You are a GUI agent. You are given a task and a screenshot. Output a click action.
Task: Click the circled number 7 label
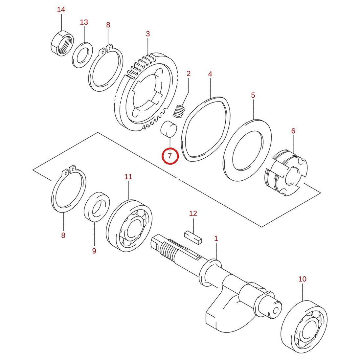click(x=170, y=156)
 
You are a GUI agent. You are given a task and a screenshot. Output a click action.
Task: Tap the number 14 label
click(x=61, y=10)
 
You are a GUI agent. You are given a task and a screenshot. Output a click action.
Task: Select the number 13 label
click(x=84, y=22)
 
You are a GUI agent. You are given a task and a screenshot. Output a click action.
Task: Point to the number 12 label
click(x=193, y=214)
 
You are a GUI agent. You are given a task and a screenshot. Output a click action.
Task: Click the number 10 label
click(x=303, y=279)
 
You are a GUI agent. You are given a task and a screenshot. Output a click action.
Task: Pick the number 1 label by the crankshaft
click(x=216, y=238)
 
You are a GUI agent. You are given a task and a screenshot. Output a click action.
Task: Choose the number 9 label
click(x=94, y=251)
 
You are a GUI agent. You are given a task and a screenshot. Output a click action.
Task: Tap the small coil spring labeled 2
click(x=179, y=111)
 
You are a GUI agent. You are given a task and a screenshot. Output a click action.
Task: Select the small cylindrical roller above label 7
click(x=168, y=129)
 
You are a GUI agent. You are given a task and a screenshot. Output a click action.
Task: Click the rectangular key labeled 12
click(x=193, y=237)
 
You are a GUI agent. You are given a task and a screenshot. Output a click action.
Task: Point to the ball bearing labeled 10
click(x=304, y=327)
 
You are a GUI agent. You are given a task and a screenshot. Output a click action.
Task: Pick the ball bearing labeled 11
click(x=129, y=226)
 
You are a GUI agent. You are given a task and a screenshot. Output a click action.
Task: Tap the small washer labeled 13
click(x=83, y=55)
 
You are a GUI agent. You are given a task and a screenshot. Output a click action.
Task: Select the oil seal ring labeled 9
click(x=97, y=207)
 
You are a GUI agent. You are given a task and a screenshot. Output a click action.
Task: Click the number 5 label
click(x=253, y=95)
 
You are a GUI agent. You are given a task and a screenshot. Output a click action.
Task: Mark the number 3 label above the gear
click(x=148, y=34)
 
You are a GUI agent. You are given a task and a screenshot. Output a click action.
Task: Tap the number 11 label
click(x=128, y=177)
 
